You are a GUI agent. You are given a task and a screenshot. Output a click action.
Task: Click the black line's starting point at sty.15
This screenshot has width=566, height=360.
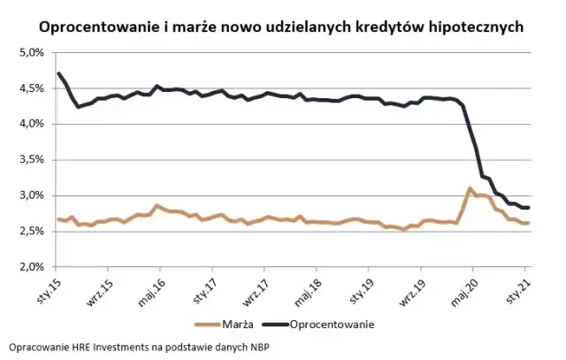pos(58,73)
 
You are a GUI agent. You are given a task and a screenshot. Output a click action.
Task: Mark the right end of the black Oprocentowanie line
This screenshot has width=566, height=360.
pos(528,207)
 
